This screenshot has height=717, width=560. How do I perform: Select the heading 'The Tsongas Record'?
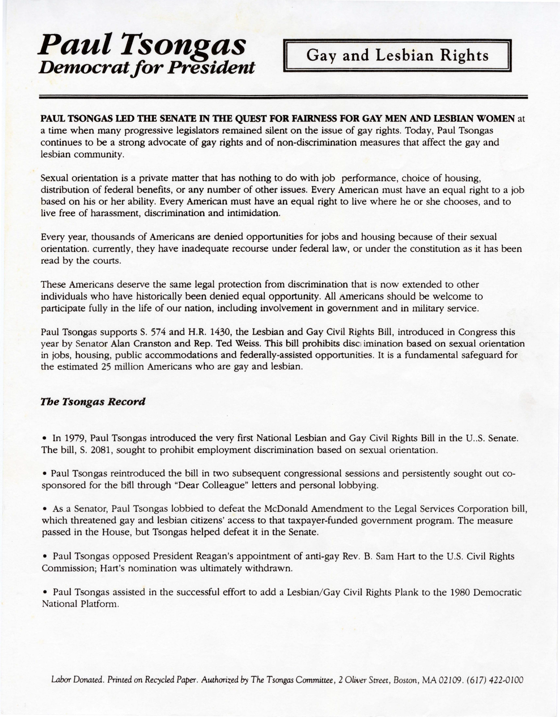93,402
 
